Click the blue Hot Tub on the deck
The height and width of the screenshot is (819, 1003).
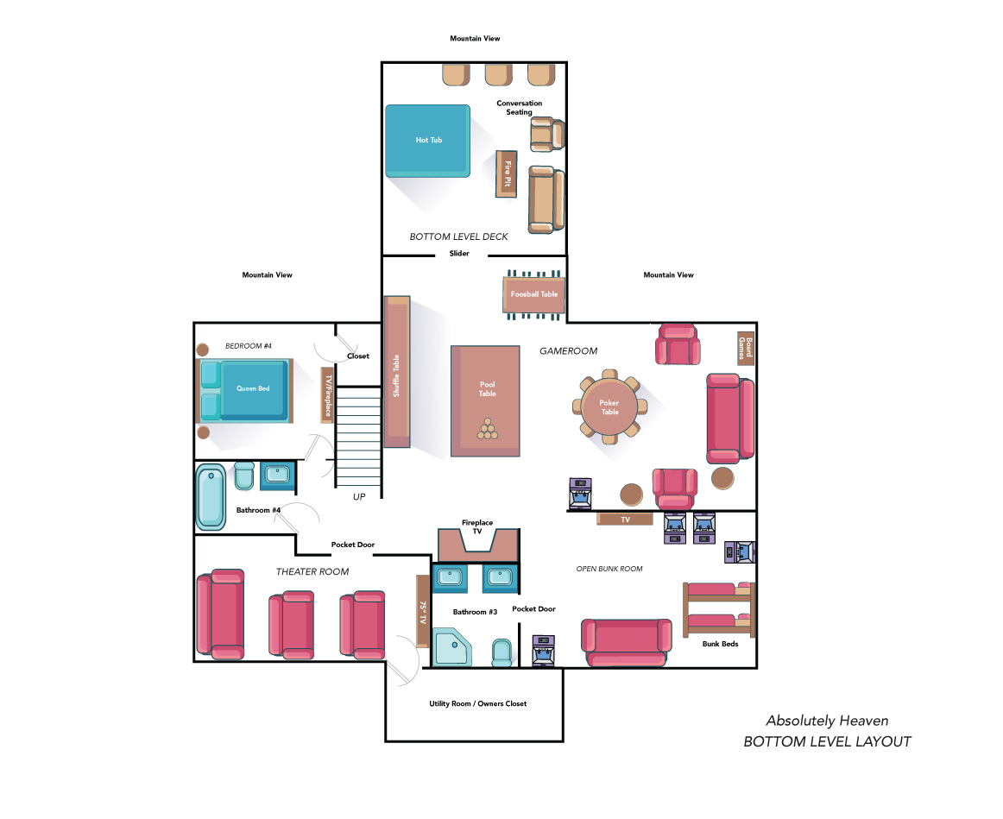click(427, 141)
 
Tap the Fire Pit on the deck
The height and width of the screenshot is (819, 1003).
click(507, 174)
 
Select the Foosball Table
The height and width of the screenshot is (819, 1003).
click(533, 294)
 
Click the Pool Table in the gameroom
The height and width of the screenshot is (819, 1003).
click(485, 400)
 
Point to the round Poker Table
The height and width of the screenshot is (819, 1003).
click(609, 406)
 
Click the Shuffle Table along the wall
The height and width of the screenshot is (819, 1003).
click(396, 371)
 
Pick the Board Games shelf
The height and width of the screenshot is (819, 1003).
click(745, 348)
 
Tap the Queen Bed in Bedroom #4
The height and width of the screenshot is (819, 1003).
click(245, 390)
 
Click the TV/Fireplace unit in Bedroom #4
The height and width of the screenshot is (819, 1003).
click(327, 394)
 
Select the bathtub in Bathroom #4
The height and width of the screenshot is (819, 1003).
click(211, 497)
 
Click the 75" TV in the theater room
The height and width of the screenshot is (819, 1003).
click(422, 611)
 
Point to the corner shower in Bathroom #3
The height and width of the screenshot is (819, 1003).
click(451, 647)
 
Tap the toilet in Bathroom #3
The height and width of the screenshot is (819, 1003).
click(502, 652)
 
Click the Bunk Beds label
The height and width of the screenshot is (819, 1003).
click(720, 644)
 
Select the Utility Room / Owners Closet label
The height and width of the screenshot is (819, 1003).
click(478, 703)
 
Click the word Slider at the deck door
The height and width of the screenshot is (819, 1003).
click(459, 253)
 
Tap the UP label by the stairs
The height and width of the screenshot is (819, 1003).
click(359, 497)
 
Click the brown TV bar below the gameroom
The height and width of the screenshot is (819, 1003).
click(625, 520)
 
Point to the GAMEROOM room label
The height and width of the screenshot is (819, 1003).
click(568, 351)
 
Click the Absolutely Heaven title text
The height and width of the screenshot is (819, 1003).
click(827, 721)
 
